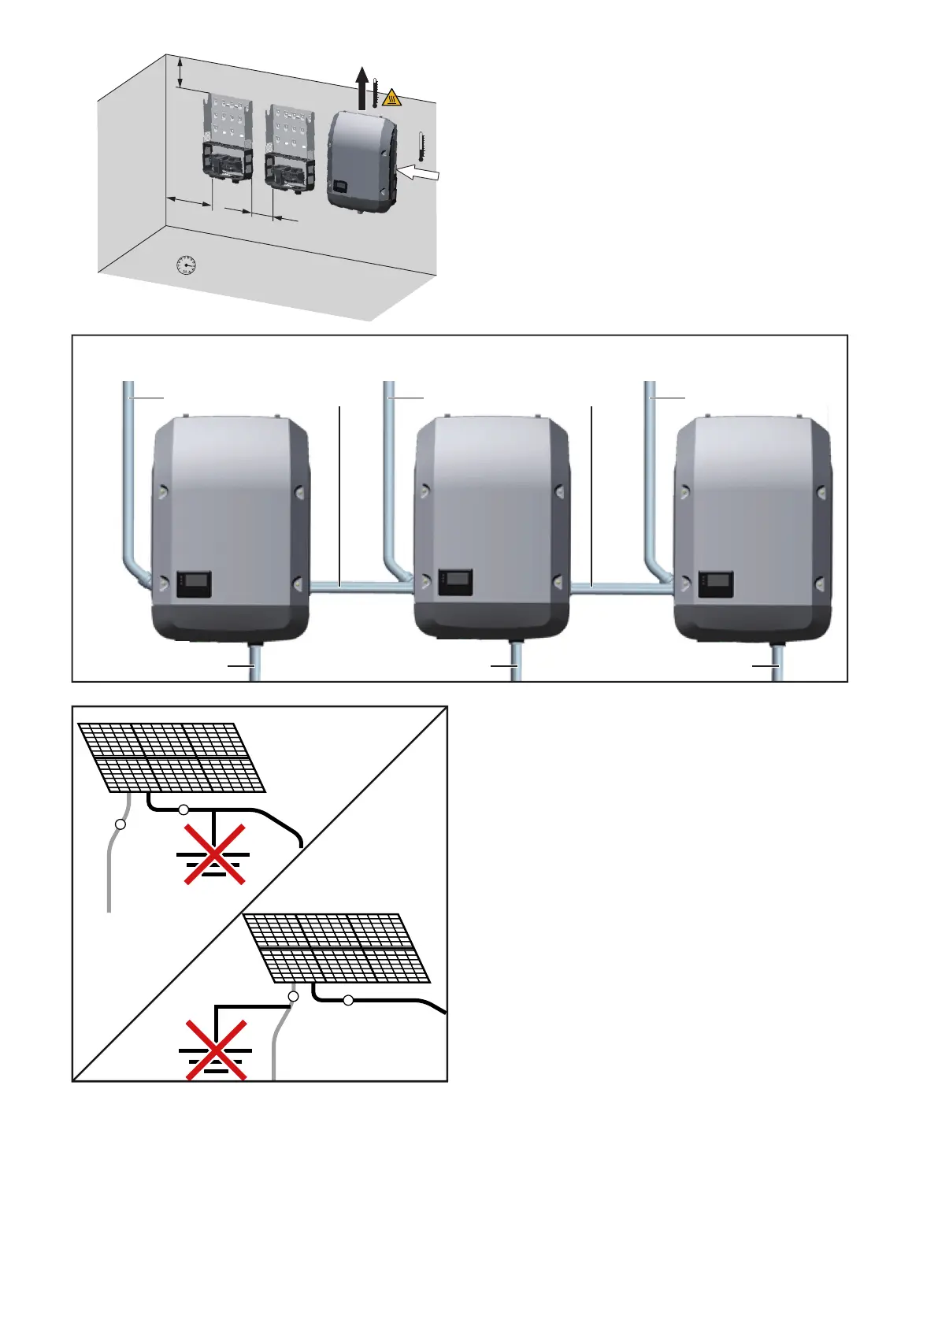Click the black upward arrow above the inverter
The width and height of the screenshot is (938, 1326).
[361, 87]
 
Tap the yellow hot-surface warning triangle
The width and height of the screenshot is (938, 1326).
[391, 99]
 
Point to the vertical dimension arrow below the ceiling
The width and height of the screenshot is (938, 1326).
[181, 72]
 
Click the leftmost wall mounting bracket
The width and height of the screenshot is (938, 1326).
[228, 139]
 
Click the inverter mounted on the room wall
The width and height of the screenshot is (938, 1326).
[361, 161]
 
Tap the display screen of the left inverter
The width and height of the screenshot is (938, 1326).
[195, 583]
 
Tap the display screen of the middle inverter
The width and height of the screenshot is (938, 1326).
[455, 583]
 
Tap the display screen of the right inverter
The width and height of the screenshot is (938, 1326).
[716, 583]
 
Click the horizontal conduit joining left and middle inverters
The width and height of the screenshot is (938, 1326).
[360, 587]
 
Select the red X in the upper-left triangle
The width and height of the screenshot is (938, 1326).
[215, 854]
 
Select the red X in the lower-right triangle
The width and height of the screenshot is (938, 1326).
[216, 1050]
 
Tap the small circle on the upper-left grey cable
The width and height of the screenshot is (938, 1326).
[120, 824]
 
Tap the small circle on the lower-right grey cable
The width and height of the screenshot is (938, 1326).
[294, 997]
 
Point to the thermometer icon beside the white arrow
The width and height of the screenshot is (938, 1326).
[421, 146]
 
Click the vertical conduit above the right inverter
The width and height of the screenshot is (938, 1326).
[651, 472]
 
